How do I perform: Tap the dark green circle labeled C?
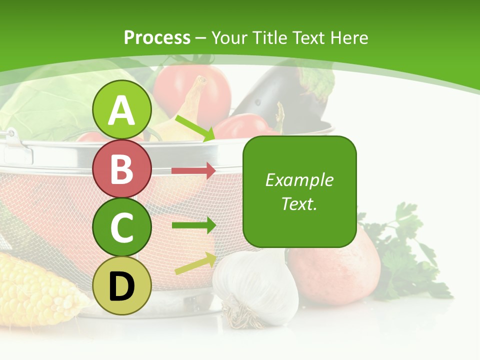point(122,227)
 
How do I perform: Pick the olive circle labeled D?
point(122,285)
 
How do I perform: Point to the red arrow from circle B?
point(193,171)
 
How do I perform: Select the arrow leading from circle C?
point(193,225)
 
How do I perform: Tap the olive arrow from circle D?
point(195,263)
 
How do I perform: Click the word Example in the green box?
point(299,180)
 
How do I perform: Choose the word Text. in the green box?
point(299,203)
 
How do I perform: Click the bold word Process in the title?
point(157,37)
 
